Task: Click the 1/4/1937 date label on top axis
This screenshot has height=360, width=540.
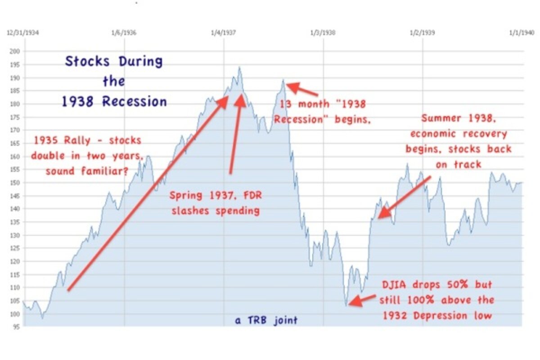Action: coord(224,33)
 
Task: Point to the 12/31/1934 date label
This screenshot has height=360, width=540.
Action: coord(21,33)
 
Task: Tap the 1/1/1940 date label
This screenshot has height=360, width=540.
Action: coord(522,33)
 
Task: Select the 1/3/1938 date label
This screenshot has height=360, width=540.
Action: coord(323,33)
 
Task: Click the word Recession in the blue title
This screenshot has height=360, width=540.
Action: coord(135,102)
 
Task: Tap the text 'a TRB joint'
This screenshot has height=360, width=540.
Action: coord(266,321)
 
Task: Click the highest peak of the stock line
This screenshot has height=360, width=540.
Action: coord(239,67)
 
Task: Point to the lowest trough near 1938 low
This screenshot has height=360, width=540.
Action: coord(346,306)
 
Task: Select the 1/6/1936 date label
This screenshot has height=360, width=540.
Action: coord(124,33)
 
